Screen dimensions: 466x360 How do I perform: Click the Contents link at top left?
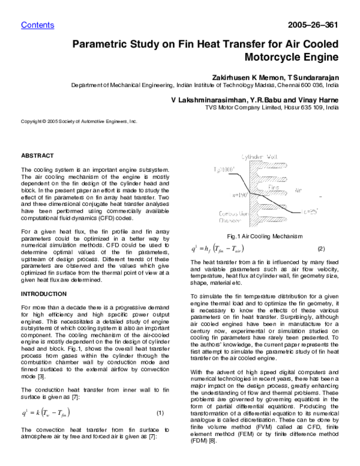(37, 25)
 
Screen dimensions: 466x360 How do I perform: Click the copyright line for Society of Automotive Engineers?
(79, 121)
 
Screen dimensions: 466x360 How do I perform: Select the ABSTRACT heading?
(37, 156)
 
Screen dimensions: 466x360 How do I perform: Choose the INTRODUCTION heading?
(44, 294)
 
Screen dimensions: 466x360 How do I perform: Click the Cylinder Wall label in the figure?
(259, 157)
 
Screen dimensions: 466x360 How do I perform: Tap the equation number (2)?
(320, 249)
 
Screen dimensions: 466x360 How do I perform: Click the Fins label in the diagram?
(274, 187)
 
